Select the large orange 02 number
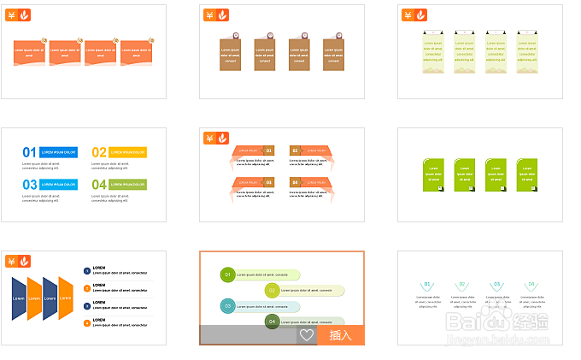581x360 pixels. point(99,152)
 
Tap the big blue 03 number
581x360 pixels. point(30,184)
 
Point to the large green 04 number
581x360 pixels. point(99,184)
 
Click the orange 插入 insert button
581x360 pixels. point(341,335)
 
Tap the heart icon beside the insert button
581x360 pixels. point(307,335)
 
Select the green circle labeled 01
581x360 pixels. point(227,274)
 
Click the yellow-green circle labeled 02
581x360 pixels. point(272,290)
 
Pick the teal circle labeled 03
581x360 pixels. point(227,305)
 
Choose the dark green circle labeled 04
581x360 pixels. point(272,322)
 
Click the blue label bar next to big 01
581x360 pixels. point(59,152)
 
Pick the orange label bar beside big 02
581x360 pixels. point(128,152)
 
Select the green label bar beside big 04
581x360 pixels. point(128,184)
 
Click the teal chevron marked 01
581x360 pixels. point(427,285)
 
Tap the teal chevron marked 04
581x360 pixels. point(531,285)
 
